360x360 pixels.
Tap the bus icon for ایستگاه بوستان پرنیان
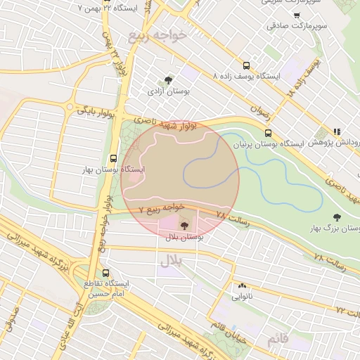coord(268,132)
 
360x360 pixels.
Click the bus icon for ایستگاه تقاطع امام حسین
coord(106,272)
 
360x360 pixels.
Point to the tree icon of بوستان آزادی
coord(167,80)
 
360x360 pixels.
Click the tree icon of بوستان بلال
coord(184,226)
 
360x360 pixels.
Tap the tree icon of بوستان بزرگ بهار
coord(336,217)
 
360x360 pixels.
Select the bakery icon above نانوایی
coord(243,285)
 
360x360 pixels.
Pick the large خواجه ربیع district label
coord(155,35)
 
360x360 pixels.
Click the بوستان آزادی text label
coord(169,91)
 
